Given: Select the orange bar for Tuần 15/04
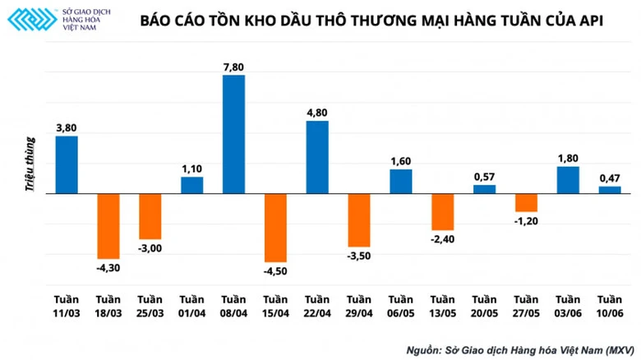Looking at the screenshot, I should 275,228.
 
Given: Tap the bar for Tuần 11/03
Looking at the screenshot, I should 67,165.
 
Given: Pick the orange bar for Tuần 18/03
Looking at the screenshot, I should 108,226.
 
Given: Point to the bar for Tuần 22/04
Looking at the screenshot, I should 317,157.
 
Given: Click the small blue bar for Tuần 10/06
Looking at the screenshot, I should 609,190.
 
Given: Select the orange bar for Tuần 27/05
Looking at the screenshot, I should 526,203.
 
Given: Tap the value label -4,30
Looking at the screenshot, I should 108,267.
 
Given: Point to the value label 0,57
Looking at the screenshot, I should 484,177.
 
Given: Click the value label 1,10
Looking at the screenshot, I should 191,168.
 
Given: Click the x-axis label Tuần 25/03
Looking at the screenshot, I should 150,305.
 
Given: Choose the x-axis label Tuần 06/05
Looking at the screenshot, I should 400,305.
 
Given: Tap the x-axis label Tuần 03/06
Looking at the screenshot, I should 568,305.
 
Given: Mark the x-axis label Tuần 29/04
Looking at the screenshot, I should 358,305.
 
